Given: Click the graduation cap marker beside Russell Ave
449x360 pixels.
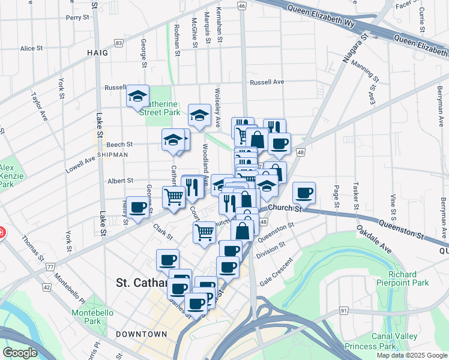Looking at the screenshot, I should (x=137, y=96).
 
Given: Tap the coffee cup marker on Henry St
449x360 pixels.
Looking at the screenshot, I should (x=138, y=208).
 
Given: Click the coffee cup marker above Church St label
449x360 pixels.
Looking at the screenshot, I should (x=304, y=193).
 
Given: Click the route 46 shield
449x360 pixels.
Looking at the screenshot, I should (x=241, y=6).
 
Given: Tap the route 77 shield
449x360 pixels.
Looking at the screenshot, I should (x=50, y=266).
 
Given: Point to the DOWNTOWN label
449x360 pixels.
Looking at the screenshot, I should (x=142, y=334).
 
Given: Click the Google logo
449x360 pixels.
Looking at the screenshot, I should (x=20, y=353).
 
